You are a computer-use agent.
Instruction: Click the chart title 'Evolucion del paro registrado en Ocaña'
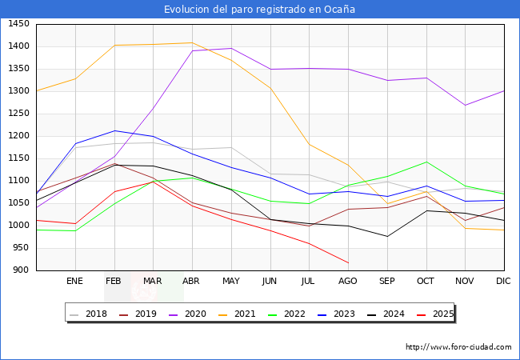tap(260, 10)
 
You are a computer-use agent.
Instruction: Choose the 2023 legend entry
tap(343, 314)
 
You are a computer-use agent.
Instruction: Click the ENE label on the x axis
tap(74, 282)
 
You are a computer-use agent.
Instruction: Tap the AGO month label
tap(348, 282)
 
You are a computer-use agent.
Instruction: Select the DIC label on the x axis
tap(503, 282)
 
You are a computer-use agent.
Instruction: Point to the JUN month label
tap(270, 282)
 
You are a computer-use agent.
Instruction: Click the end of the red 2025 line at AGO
tap(348, 262)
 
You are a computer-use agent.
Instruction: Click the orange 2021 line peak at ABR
tap(191, 42)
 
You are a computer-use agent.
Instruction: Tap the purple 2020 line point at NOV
tap(465, 105)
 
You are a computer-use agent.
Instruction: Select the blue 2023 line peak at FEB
tap(114, 130)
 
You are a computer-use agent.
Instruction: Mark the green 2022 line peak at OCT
tap(426, 162)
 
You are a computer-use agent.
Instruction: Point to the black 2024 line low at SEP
tap(387, 236)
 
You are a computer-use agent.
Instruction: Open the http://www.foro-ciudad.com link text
tap(458, 347)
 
